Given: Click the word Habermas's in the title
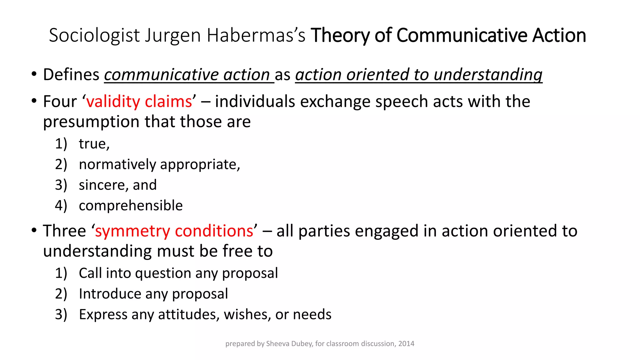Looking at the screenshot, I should [256, 35].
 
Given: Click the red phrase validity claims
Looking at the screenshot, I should [139, 102].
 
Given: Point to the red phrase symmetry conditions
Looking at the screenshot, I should [174, 231].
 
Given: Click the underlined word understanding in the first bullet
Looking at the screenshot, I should [488, 75].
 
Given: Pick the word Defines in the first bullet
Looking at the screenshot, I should [71, 75].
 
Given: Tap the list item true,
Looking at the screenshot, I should [94, 144].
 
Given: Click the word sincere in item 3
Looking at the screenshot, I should [103, 185].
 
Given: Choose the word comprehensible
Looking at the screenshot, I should [131, 206].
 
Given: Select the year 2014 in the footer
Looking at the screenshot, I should [406, 344].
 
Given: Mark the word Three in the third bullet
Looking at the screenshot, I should [64, 231].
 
